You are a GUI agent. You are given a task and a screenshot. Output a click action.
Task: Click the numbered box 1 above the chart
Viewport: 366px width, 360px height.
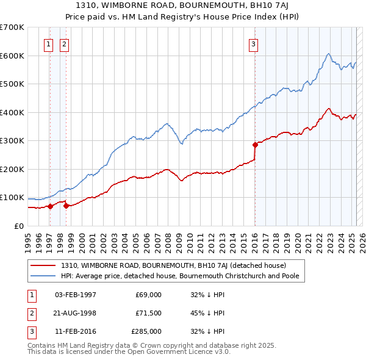pos(48,43)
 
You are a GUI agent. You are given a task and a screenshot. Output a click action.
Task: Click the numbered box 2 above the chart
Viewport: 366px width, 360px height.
pos(65,43)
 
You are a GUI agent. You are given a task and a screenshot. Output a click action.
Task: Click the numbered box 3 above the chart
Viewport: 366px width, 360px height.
pos(253,43)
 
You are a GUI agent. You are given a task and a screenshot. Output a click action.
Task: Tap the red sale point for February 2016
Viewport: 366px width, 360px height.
pos(255,145)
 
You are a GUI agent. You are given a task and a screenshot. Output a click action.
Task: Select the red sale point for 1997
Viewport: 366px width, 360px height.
pos(50,206)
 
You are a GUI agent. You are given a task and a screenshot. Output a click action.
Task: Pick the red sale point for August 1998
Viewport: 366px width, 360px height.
pos(66,206)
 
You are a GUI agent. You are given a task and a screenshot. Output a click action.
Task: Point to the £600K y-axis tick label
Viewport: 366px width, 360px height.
pos(12,56)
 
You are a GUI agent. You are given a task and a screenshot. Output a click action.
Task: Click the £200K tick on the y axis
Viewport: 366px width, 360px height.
pos(12,169)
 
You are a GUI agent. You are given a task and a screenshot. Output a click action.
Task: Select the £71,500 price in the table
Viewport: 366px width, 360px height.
pos(148,313)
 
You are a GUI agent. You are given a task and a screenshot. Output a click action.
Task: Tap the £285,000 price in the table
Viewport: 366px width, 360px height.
pos(146,332)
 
